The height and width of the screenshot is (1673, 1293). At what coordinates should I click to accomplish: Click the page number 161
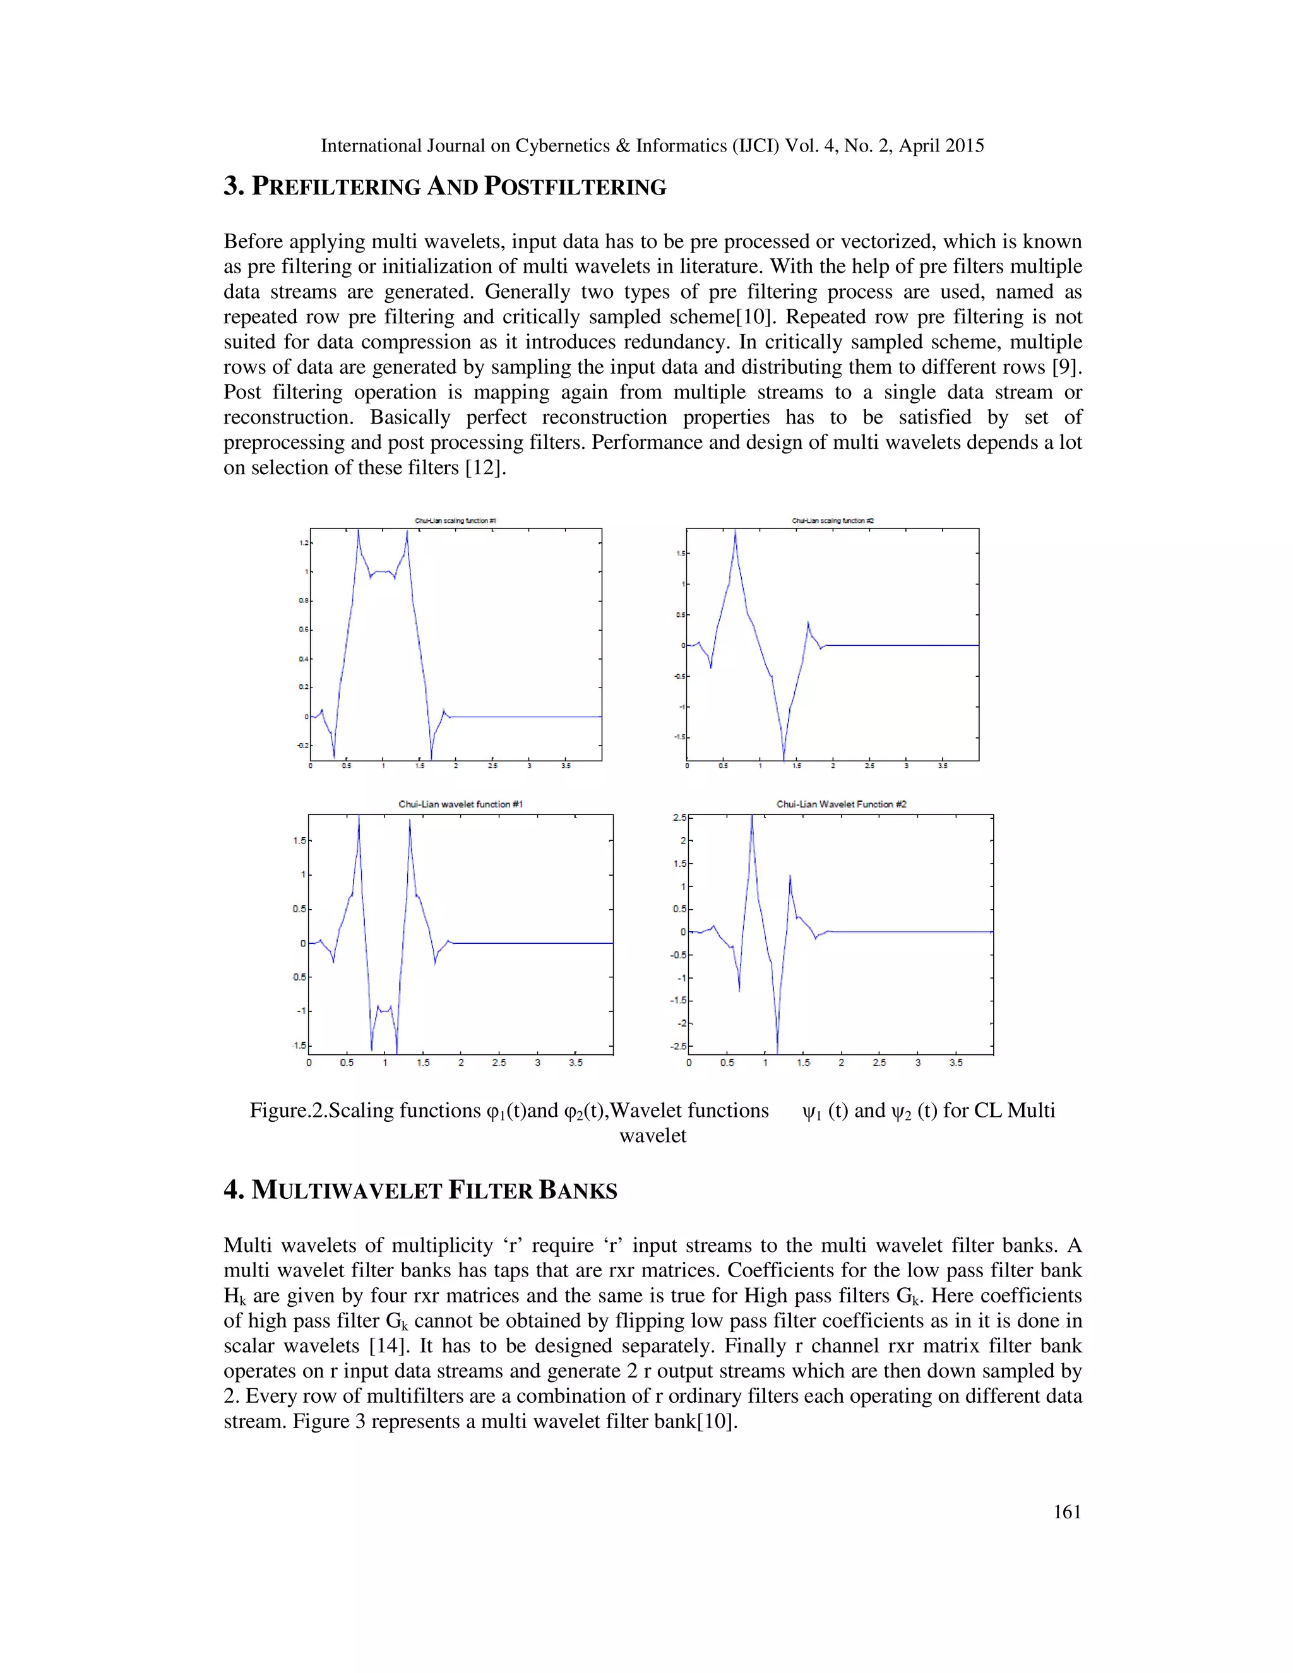pyautogui.click(x=1066, y=1511)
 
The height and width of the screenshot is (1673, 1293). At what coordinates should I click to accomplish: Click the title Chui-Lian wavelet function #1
pyautogui.click(x=460, y=804)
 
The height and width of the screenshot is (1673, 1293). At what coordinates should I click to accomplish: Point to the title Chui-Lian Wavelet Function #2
pyautogui.click(x=841, y=804)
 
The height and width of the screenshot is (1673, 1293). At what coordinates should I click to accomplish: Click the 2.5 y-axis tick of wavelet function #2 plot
pyautogui.click(x=679, y=818)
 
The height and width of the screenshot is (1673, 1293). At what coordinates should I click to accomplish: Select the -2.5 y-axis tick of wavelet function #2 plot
pyautogui.click(x=677, y=1046)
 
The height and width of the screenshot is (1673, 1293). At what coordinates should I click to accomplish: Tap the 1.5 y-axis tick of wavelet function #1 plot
pyautogui.click(x=299, y=840)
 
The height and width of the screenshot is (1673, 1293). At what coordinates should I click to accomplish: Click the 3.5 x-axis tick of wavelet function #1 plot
pyautogui.click(x=575, y=1063)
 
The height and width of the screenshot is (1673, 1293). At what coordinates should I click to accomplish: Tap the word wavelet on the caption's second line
pyautogui.click(x=653, y=1136)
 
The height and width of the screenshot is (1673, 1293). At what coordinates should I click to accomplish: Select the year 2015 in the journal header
pyautogui.click(x=963, y=146)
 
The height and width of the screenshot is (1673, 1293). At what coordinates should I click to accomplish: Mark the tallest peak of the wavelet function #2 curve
pyautogui.click(x=751, y=816)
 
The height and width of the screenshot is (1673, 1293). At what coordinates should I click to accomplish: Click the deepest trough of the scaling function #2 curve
pyautogui.click(x=784, y=758)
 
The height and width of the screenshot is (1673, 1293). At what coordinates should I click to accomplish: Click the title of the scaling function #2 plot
pyautogui.click(x=833, y=521)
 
